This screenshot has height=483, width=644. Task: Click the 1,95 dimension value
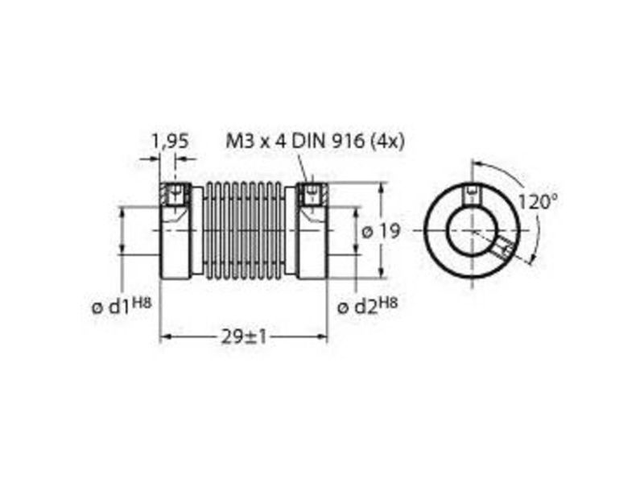tap(170, 142)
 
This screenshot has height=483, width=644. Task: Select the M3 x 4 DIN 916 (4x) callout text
tap(316, 142)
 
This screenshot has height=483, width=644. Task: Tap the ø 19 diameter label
tap(380, 232)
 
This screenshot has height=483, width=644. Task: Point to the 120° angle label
tap(538, 202)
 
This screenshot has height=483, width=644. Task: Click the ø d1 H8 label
tap(122, 306)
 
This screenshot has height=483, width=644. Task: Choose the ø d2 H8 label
tap(367, 306)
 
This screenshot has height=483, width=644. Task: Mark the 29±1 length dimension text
tap(244, 337)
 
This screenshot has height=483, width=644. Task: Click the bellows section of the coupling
tap(244, 231)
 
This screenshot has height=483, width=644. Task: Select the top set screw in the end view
tap(473, 195)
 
